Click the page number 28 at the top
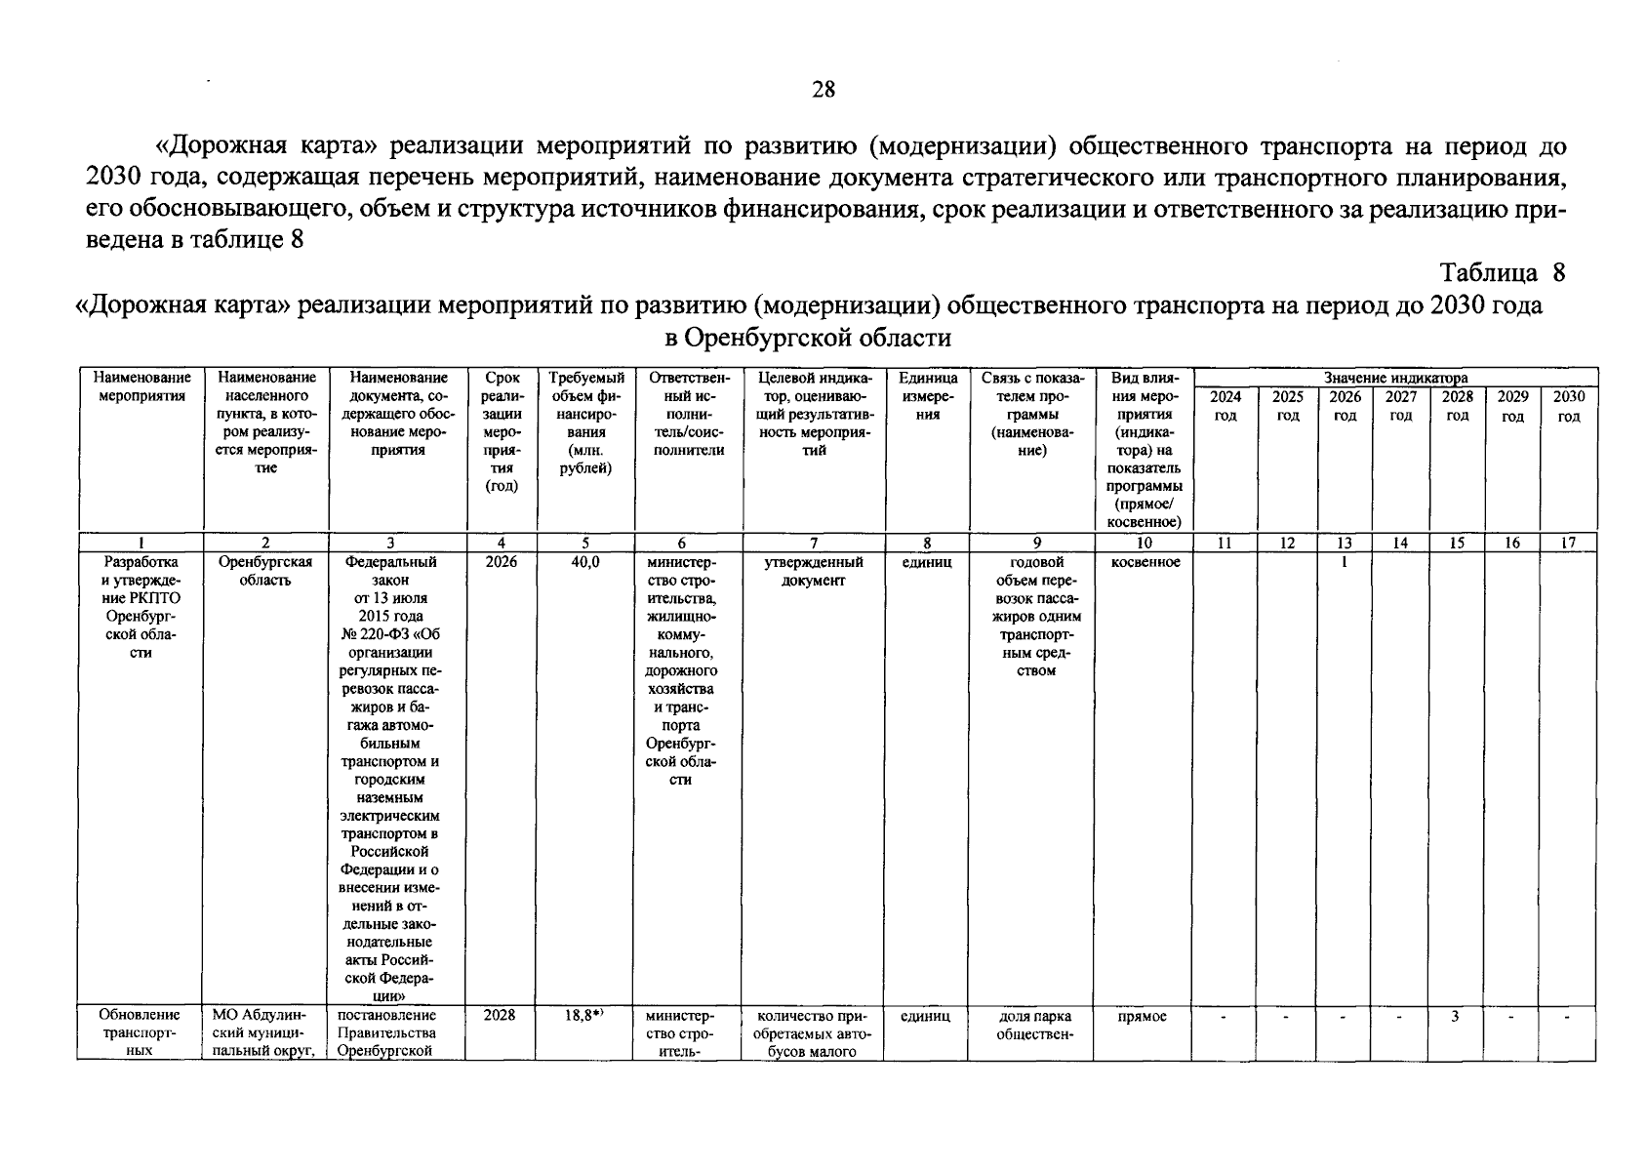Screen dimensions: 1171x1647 [x=823, y=90]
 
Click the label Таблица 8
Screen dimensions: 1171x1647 [x=1502, y=272]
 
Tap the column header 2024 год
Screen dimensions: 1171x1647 [x=1225, y=406]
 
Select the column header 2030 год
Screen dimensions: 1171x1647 [x=1568, y=406]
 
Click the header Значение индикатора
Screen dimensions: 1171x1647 [x=1394, y=378]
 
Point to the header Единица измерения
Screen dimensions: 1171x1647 [x=927, y=395]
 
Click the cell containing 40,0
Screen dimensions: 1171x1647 [x=585, y=562]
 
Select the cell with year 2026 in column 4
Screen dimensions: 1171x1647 [x=501, y=562]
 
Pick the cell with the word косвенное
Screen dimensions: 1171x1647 [x=1145, y=562]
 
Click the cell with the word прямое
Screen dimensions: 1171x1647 [x=1143, y=1016]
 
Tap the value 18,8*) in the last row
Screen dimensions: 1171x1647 [x=585, y=1016]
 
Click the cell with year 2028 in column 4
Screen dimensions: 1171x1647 [x=501, y=1016]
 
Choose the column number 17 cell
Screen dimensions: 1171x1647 [x=1568, y=544]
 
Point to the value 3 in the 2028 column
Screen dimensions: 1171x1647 [x=1455, y=1016]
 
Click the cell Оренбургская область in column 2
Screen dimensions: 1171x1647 [x=265, y=571]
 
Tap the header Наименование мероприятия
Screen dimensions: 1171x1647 [x=141, y=386]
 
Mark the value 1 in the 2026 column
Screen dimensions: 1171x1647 [x=1344, y=562]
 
